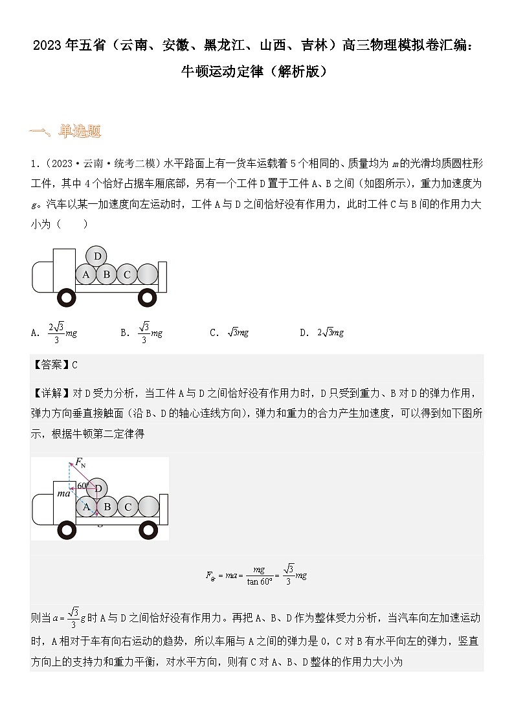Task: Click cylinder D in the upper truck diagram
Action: click(98, 256)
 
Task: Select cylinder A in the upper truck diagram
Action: click(85, 274)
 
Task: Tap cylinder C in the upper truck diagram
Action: click(127, 274)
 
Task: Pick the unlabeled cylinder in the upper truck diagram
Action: click(148, 274)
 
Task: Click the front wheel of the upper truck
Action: click(67, 298)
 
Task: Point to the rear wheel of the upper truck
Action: click(148, 298)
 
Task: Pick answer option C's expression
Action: click(238, 333)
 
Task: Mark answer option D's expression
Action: click(330, 333)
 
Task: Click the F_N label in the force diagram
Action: click(81, 462)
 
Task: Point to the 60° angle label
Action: click(83, 486)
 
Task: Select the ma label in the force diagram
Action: click(63, 494)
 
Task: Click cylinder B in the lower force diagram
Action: click(107, 507)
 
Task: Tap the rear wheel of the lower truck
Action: click(148, 530)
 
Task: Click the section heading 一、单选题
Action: click(65, 132)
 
